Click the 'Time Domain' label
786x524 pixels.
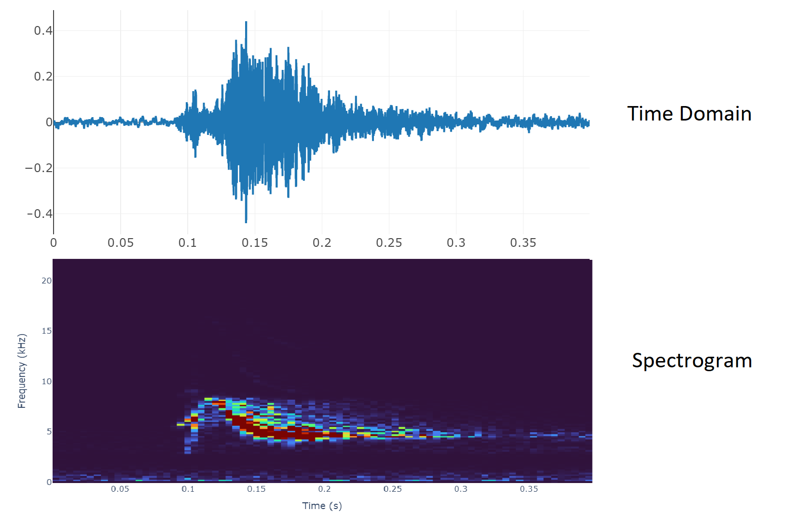[689, 114]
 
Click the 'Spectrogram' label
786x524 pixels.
[692, 361]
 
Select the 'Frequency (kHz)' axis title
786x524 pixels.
[22, 371]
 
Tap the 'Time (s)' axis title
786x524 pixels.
[322, 506]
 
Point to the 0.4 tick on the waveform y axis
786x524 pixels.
[43, 31]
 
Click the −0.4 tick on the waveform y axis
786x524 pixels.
[40, 214]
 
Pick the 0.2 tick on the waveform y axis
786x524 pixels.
[43, 77]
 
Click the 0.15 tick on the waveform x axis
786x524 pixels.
[255, 243]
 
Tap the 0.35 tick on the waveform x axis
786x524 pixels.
[523, 243]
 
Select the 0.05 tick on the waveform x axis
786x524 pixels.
[121, 243]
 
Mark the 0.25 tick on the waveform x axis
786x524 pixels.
[389, 243]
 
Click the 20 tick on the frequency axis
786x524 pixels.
[46, 281]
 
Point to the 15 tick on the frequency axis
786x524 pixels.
[46, 331]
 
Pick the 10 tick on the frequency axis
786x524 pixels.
[46, 381]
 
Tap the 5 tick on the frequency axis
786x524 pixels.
[49, 431]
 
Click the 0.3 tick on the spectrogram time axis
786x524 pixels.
[461, 489]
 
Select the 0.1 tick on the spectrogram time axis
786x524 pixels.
[188, 489]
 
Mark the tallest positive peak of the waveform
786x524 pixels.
[246, 22]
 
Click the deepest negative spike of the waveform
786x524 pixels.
[246, 222]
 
